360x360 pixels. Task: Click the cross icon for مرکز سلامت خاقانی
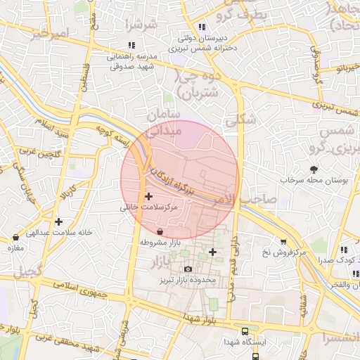click(x=148, y=197)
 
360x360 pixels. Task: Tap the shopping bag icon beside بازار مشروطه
click(x=160, y=231)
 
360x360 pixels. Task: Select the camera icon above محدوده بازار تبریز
click(x=188, y=269)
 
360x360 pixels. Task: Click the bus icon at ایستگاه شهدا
click(x=244, y=330)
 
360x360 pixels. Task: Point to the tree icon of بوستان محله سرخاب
click(x=314, y=169)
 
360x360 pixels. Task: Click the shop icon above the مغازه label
click(x=15, y=238)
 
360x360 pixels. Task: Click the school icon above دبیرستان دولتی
click(x=201, y=27)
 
